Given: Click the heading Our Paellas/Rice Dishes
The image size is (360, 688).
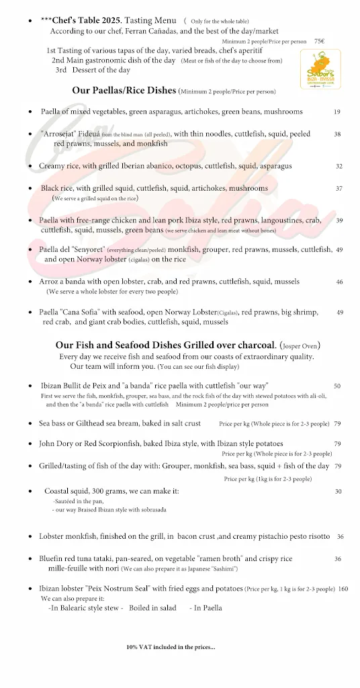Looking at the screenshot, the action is [124, 90].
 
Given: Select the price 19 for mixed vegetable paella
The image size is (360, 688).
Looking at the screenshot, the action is [336, 112].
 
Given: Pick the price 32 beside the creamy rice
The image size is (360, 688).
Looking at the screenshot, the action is [339, 166].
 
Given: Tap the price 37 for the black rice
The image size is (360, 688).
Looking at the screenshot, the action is [339, 188].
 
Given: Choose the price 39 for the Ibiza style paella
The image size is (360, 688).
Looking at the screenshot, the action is [339, 220].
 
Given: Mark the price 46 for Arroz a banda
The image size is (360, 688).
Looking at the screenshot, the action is [339, 282].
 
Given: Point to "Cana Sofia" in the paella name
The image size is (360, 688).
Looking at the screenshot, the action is [83, 312].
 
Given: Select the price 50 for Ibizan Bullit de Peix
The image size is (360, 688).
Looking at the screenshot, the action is [336, 386].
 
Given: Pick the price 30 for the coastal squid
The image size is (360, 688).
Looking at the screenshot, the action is [339, 491].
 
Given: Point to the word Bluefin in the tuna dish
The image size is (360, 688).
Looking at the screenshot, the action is [52, 558].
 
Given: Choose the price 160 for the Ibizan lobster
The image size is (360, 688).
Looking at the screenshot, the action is [343, 589].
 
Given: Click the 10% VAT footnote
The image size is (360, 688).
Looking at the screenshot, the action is [171, 647].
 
